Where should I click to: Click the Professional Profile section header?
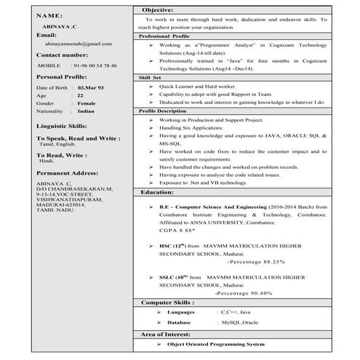click(164, 35)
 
